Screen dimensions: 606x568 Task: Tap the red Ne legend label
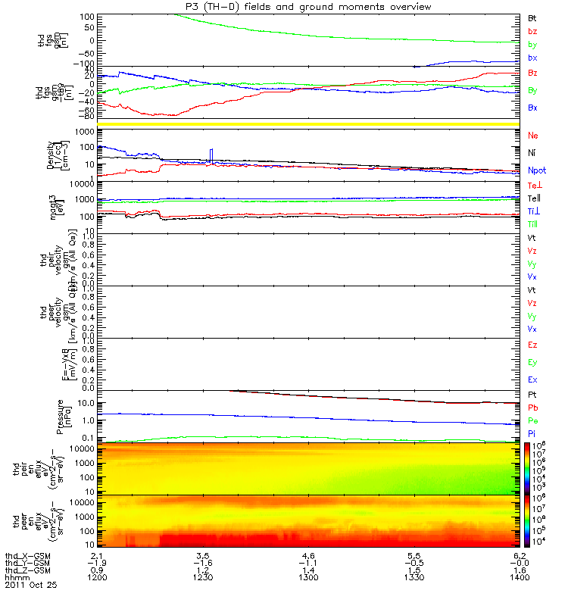[x=532, y=135]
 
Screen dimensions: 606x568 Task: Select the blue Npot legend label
[x=536, y=171]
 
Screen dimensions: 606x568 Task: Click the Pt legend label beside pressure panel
[x=532, y=395]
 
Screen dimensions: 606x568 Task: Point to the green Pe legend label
[x=532, y=420]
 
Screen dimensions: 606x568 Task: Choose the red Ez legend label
[x=532, y=345]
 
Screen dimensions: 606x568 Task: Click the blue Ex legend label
[x=532, y=379]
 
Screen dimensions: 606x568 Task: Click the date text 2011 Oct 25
[x=30, y=586]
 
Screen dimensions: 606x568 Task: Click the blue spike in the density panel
[x=212, y=155]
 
